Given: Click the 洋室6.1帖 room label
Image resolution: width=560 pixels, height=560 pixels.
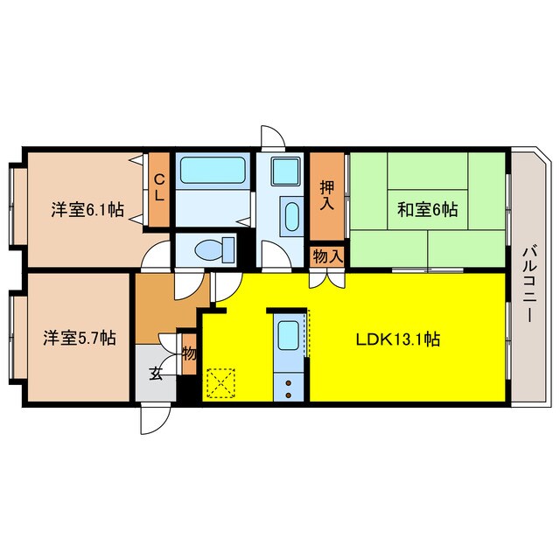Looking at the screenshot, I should (x=86, y=210).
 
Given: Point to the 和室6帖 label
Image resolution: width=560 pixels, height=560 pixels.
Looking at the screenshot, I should (x=428, y=210).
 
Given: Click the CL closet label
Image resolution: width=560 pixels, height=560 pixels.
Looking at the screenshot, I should (x=159, y=188).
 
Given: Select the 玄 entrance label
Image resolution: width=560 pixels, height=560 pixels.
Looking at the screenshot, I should (x=155, y=374).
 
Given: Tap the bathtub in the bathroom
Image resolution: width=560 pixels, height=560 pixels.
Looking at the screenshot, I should (x=213, y=172).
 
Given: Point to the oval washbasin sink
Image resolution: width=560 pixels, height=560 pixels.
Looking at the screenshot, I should (x=290, y=214).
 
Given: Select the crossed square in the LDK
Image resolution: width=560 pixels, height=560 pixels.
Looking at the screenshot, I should (x=220, y=381).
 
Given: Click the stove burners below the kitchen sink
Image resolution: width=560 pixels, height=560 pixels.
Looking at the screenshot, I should (x=288, y=386).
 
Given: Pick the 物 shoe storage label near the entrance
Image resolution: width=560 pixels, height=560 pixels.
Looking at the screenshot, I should (x=188, y=353).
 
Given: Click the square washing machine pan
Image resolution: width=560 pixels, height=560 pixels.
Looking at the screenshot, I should (x=285, y=171).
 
